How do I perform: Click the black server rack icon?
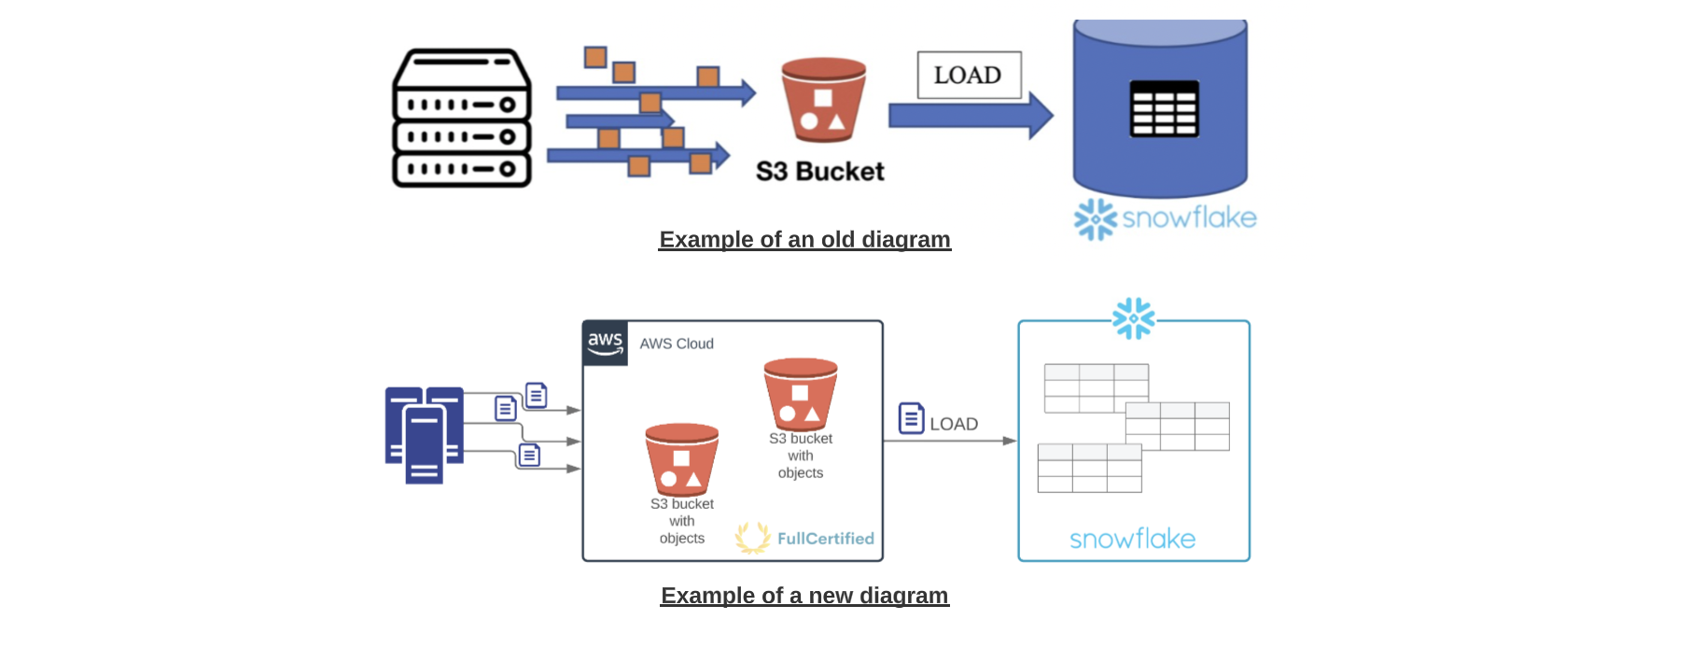(462, 119)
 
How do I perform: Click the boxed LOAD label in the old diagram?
(969, 75)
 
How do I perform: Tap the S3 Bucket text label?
(819, 172)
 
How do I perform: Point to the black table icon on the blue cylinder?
(1164, 108)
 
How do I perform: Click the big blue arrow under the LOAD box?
(971, 116)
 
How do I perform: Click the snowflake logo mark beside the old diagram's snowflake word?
(1095, 218)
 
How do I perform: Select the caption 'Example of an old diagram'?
(804, 240)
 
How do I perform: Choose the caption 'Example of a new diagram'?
(804, 596)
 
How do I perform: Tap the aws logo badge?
(606, 343)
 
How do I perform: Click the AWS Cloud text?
(677, 344)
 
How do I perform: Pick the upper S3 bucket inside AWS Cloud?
(800, 393)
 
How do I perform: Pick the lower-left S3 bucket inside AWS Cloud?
(681, 458)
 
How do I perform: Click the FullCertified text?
(825, 539)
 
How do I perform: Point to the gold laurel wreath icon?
(752, 538)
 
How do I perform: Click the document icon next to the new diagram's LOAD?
(911, 418)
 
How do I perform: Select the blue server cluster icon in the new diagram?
(424, 434)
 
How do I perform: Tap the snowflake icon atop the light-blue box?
(1133, 318)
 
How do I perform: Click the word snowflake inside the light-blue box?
(1132, 539)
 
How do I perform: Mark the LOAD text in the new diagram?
(954, 424)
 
